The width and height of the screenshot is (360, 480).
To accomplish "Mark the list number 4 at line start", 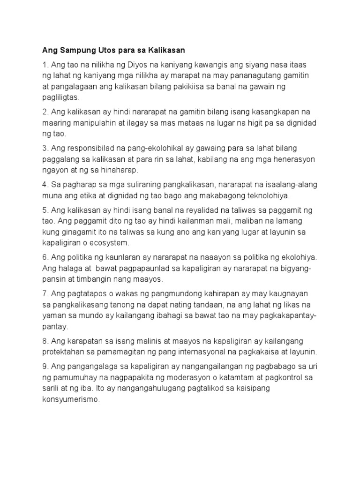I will click(45, 185).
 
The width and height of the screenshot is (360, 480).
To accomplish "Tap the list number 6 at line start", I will click(45, 258).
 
